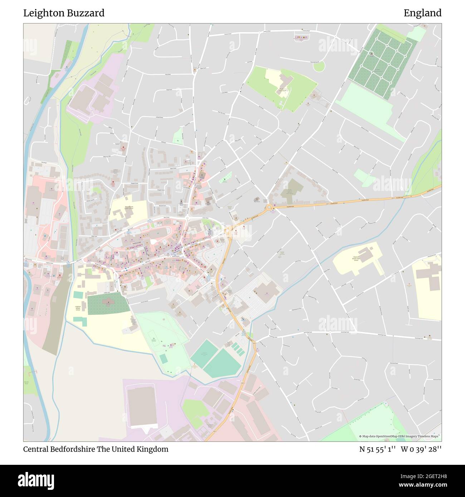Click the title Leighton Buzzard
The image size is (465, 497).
[64, 13]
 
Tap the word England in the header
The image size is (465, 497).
[422, 13]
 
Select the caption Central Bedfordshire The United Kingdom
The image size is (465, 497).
[96, 449]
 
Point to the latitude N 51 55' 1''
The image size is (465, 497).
[377, 449]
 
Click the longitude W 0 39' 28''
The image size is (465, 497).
[421, 449]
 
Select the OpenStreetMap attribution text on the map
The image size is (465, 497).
[400, 436]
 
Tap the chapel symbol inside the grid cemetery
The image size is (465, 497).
[372, 54]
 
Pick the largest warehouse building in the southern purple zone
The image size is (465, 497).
[142, 407]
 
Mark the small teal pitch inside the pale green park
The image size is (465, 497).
[163, 358]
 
